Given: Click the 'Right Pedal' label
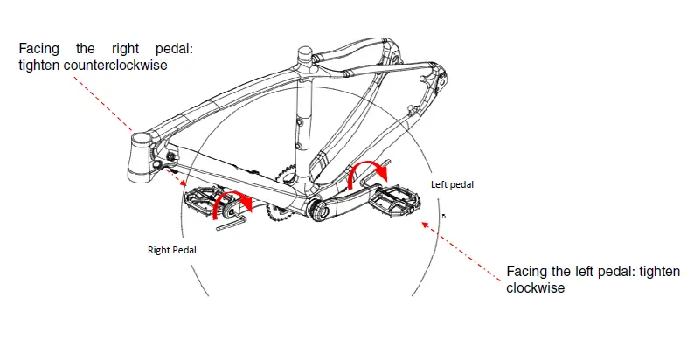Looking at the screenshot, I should [171, 250].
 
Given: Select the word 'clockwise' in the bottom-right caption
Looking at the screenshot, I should [535, 287].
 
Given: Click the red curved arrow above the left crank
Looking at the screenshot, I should [367, 171].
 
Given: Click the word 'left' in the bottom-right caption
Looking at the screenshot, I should [582, 273].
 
